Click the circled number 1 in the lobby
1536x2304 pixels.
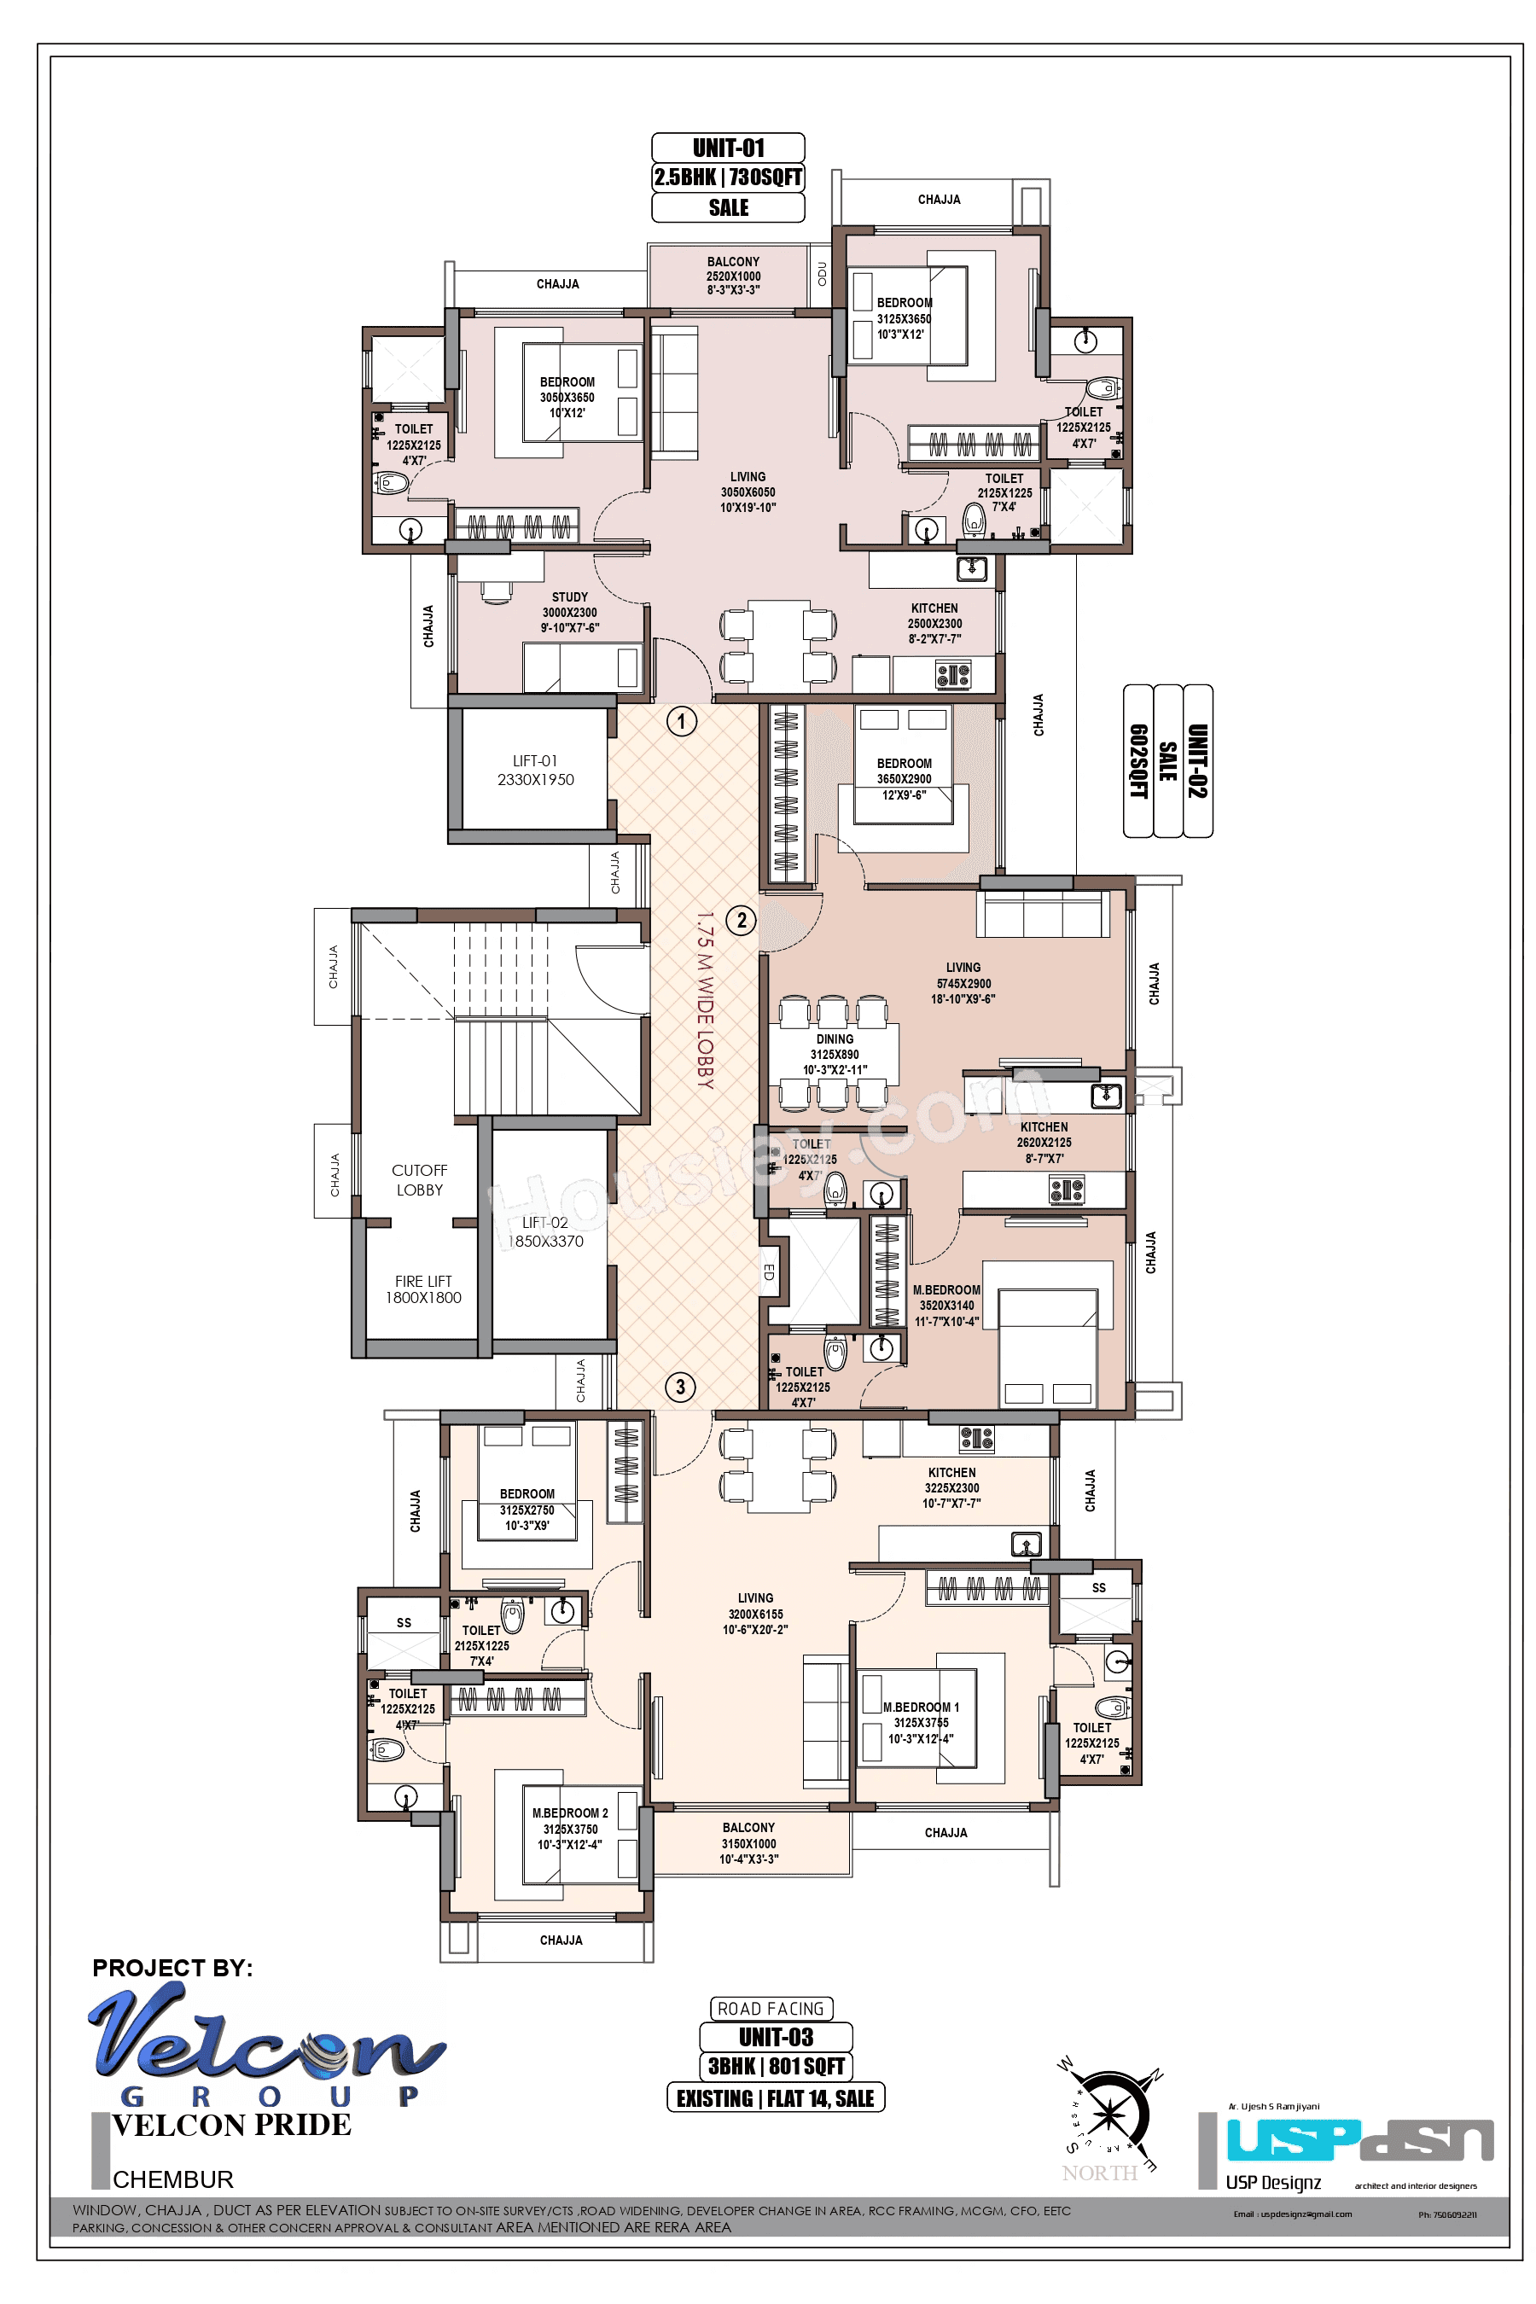[682, 722]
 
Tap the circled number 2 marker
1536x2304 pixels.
[742, 920]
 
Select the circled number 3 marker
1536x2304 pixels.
[681, 1386]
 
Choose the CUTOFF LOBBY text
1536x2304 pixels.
[419, 1179]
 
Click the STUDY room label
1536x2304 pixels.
[570, 597]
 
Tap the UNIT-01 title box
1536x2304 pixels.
[728, 148]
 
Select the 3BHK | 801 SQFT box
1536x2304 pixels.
[776, 2066]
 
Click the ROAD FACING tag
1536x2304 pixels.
[771, 2009]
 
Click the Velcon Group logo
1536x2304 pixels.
[265, 2041]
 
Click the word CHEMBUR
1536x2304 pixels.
[173, 2179]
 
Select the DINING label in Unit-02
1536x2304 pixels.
[835, 1039]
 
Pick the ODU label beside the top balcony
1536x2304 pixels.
[821, 273]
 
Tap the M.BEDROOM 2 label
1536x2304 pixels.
[570, 1813]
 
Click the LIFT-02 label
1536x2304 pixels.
[544, 1223]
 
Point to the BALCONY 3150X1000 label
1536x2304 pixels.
[748, 1842]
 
